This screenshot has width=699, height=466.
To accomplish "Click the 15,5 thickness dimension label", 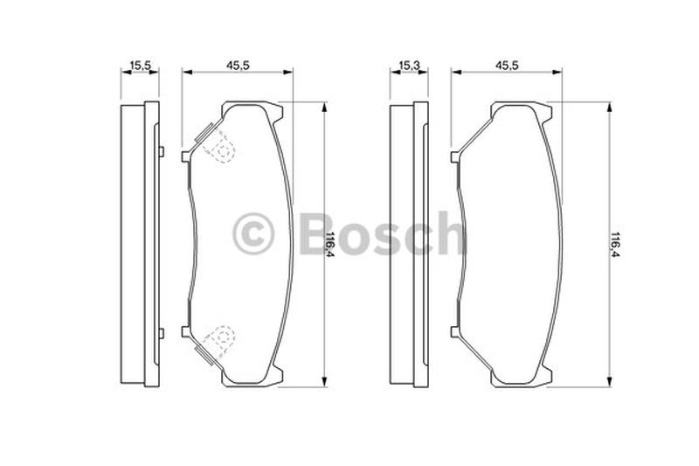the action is (x=141, y=65).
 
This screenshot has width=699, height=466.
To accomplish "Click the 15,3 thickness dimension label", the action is (x=409, y=65).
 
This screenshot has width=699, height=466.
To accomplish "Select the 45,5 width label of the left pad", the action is (x=238, y=65).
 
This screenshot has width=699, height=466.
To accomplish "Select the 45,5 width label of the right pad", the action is (x=508, y=65).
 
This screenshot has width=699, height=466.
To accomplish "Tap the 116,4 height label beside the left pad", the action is (x=331, y=244).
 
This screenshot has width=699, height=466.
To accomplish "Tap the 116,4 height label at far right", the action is (x=616, y=244).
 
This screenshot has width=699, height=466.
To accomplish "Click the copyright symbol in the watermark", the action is (x=253, y=233).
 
